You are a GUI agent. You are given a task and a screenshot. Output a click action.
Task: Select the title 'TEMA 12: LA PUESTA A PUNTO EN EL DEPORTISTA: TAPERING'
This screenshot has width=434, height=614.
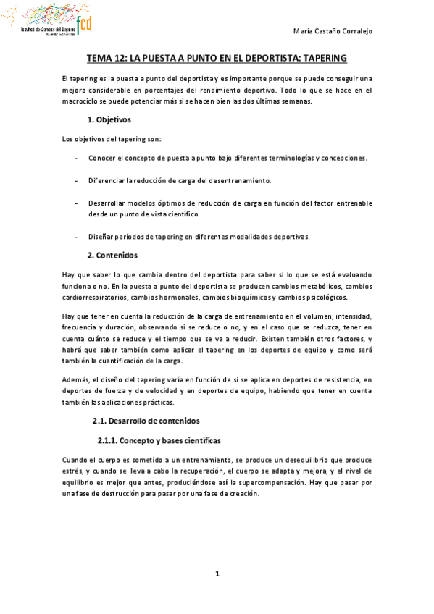[217, 58]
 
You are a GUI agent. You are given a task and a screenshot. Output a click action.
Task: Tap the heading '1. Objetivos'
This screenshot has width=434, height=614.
[109, 119]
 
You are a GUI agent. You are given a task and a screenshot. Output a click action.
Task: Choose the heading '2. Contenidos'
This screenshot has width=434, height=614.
[112, 256]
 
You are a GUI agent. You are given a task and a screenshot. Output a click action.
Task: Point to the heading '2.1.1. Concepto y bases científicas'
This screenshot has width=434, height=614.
[159, 441]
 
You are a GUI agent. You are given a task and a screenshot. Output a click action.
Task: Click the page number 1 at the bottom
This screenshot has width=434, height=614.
[217, 575]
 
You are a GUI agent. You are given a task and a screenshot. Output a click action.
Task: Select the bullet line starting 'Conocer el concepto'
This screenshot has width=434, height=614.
[228, 159]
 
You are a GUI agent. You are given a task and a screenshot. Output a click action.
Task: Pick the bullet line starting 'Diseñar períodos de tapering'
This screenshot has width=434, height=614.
[199, 237]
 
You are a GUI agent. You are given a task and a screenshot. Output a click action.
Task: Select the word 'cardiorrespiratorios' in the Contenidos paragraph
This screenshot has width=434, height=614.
[96, 297]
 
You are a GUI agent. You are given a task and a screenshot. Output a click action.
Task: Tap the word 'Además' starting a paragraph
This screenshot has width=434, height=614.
[76, 378]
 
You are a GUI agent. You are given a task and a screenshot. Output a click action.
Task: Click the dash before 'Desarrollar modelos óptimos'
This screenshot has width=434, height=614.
[77, 203]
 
